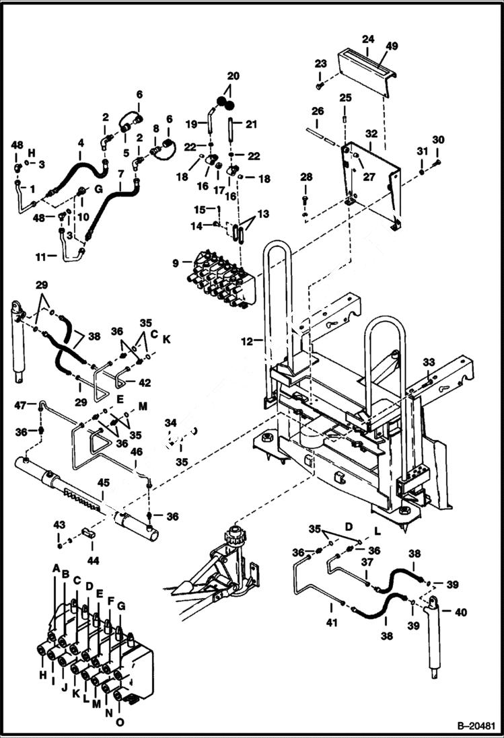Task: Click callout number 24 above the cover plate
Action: pyautogui.click(x=367, y=40)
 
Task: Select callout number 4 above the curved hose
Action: pyautogui.click(x=81, y=143)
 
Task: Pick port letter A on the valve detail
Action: pyautogui.click(x=57, y=568)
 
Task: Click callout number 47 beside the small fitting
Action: pyautogui.click(x=21, y=405)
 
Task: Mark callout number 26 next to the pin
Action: pyautogui.click(x=318, y=111)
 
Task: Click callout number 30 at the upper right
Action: pyautogui.click(x=439, y=140)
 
